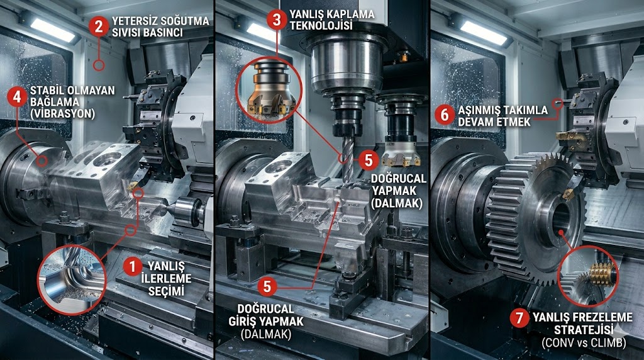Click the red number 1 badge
pos(131,266)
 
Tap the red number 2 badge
pos(97,26)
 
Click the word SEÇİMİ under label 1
pos(162,291)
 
